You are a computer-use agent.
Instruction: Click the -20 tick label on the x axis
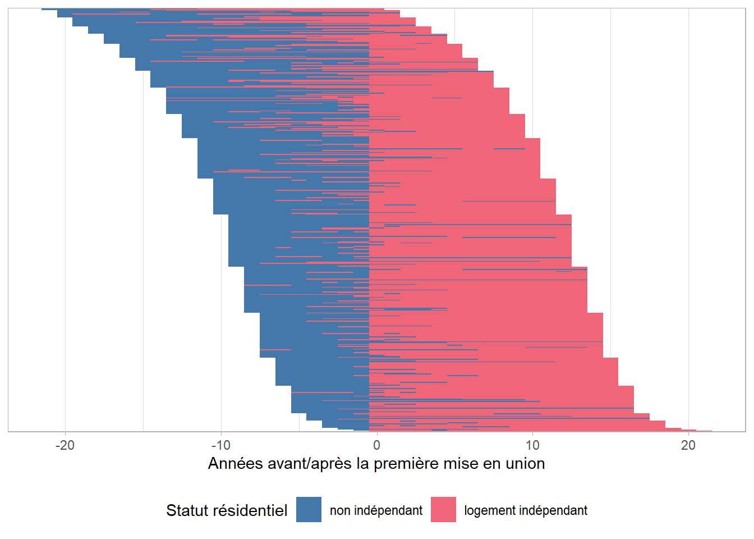[x=65, y=445]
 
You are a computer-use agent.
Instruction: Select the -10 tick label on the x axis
[x=221, y=445]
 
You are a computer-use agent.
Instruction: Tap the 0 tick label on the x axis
[x=376, y=445]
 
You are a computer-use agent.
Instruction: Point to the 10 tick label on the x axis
[x=532, y=445]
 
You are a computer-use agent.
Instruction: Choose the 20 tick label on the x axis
[x=688, y=445]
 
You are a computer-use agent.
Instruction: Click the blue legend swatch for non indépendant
[x=309, y=510]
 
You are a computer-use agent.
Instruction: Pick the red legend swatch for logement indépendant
[x=443, y=510]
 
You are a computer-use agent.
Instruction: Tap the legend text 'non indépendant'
[x=376, y=510]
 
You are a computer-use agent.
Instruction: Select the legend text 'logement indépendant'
[x=526, y=510]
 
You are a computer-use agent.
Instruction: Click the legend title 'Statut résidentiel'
[x=227, y=510]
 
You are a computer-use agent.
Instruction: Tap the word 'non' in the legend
[x=340, y=510]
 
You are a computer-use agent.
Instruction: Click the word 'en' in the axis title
[x=490, y=464]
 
